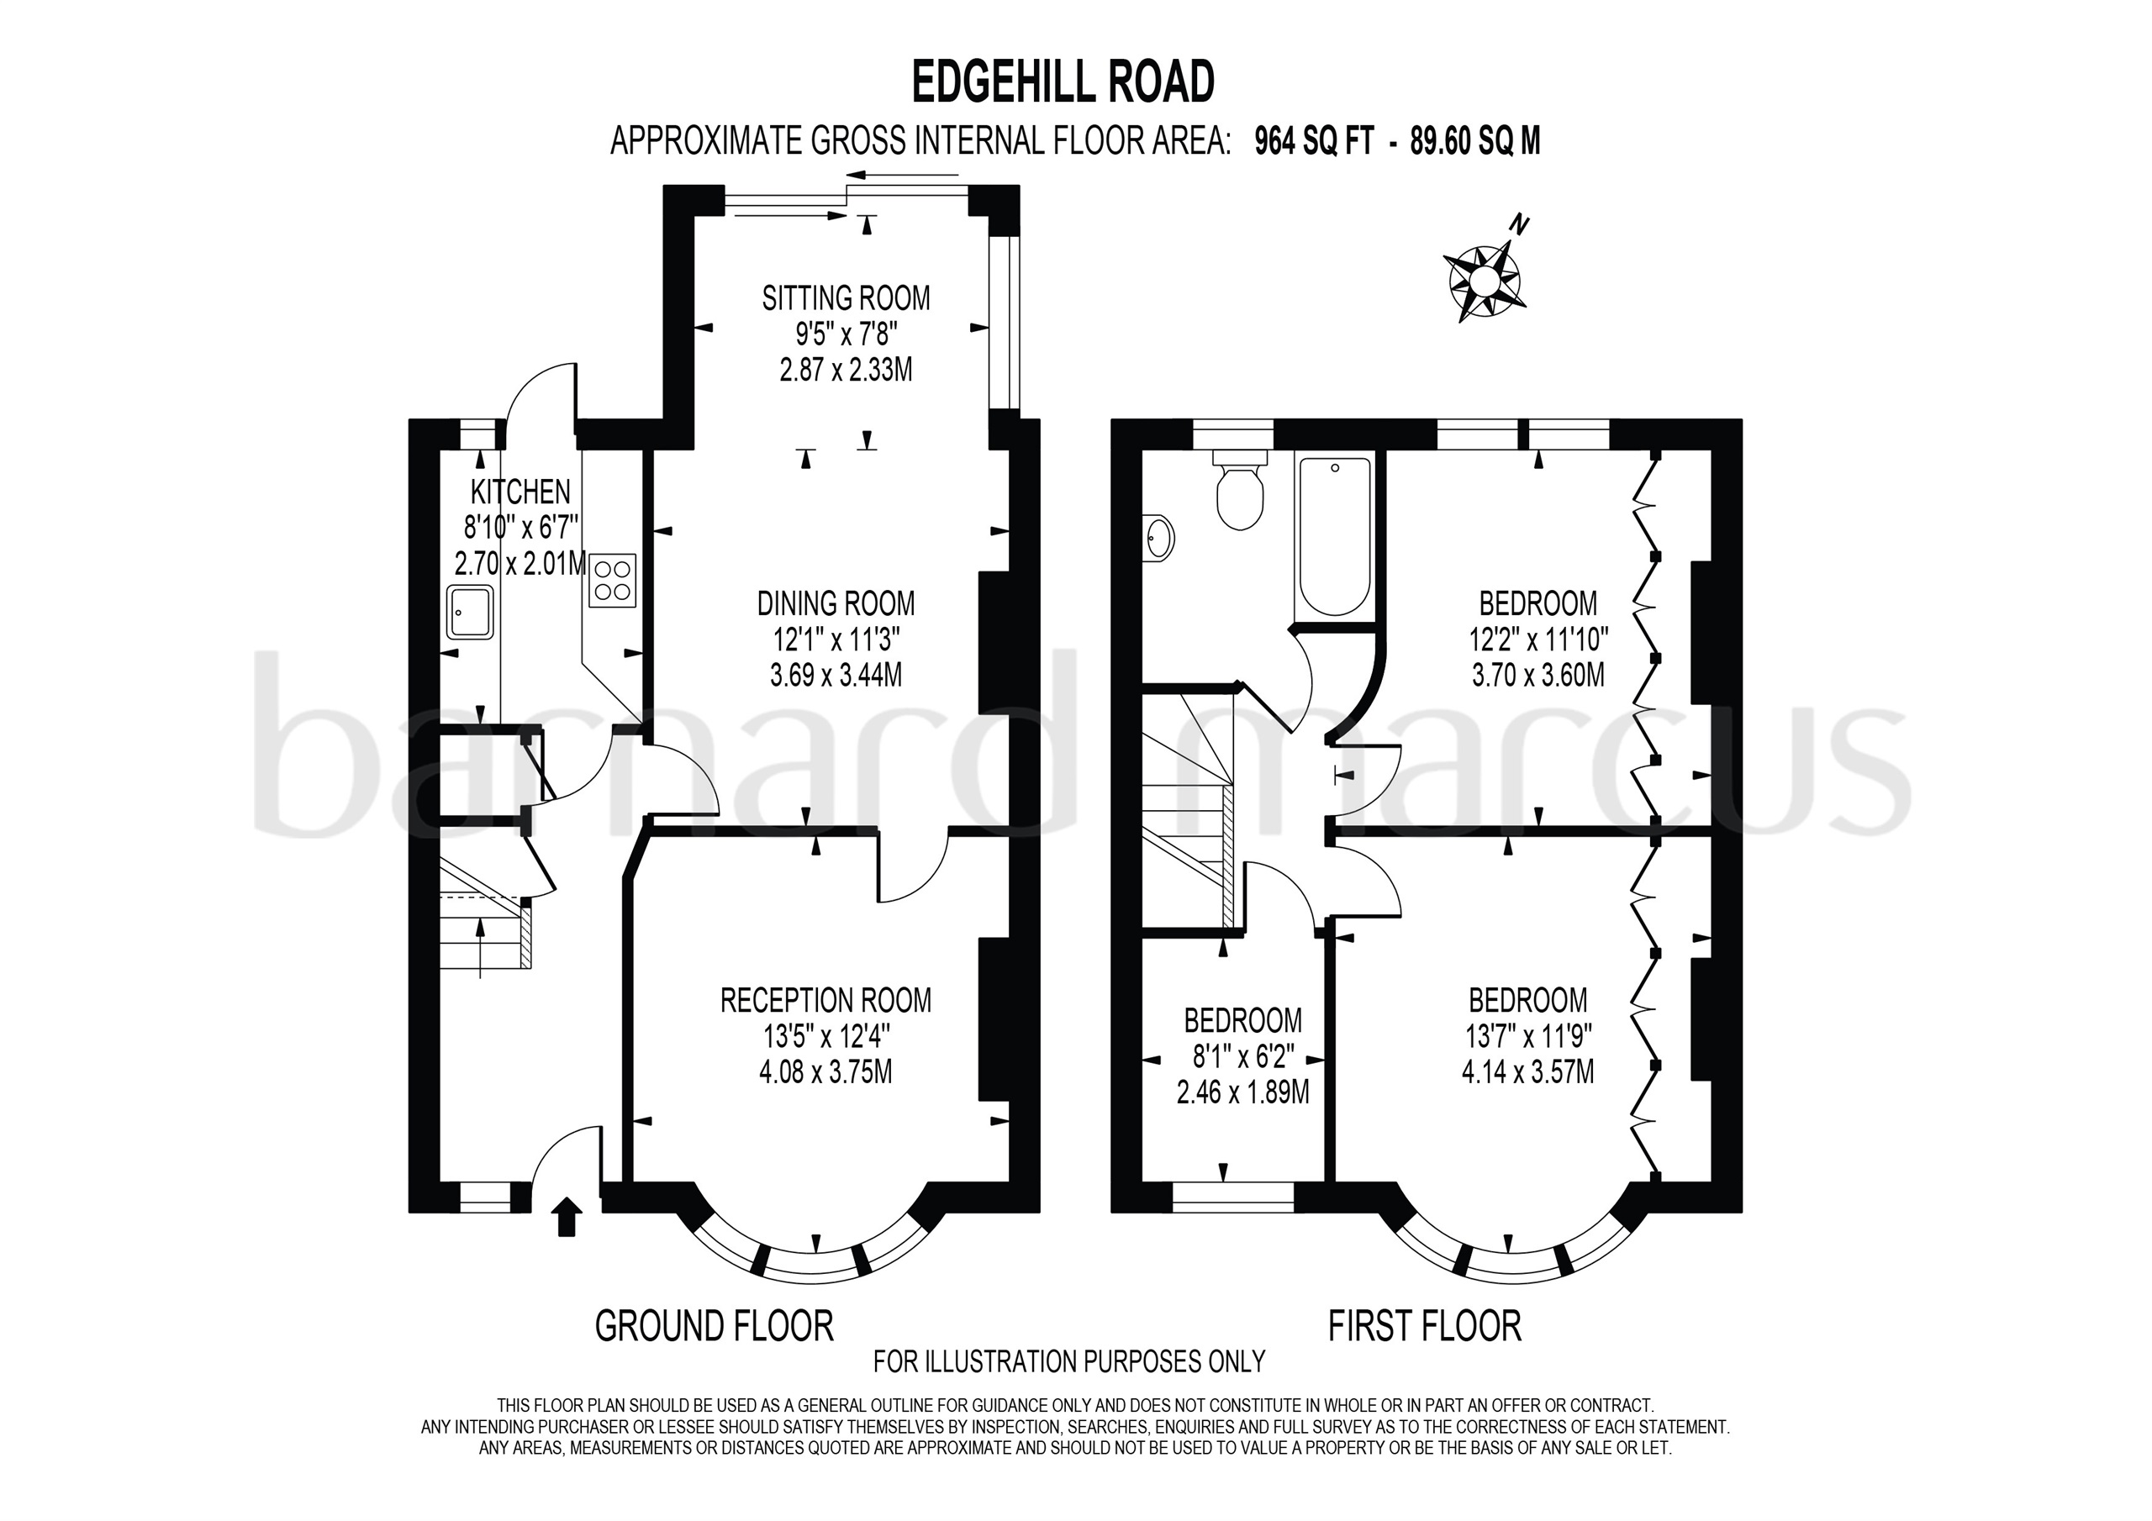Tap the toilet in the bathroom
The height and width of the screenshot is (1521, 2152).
point(1239,491)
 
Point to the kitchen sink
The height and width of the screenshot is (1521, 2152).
point(470,612)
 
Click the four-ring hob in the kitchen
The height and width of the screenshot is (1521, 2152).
point(613,580)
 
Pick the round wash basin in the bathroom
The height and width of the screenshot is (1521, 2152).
point(1158,539)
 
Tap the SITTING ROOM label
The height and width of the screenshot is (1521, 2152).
point(846,298)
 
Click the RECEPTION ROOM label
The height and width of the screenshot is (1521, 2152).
point(825,1000)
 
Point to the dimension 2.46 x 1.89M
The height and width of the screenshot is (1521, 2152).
point(1242,1092)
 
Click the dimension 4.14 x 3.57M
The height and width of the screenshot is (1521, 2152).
point(1527,1071)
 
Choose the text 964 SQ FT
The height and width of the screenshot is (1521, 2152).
point(1314,141)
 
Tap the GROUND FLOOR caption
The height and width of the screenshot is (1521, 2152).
point(715,1326)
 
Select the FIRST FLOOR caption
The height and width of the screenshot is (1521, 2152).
point(1425,1326)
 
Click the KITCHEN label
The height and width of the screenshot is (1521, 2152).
point(520,490)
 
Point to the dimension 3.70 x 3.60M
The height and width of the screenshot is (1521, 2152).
point(1538,675)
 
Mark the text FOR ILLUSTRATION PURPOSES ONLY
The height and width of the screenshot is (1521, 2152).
point(1068,1360)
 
